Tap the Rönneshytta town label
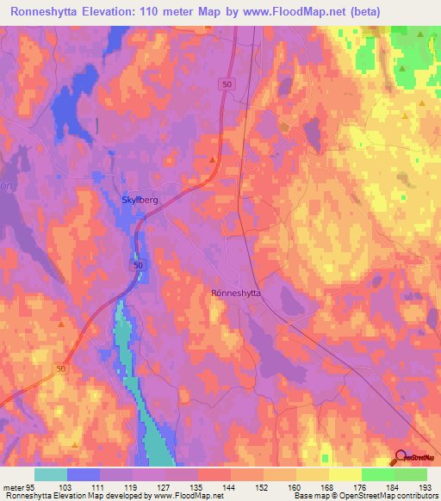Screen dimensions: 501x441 pyautogui.click(x=237, y=293)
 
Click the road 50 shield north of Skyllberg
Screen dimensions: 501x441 pyautogui.click(x=227, y=83)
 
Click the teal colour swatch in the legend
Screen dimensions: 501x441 pyautogui.click(x=50, y=474)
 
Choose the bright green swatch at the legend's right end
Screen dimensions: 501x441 pyautogui.click(x=410, y=474)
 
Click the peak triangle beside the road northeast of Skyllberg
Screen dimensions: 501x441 pyautogui.click(x=213, y=158)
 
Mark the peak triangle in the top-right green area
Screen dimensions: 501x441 pyautogui.click(x=420, y=34)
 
